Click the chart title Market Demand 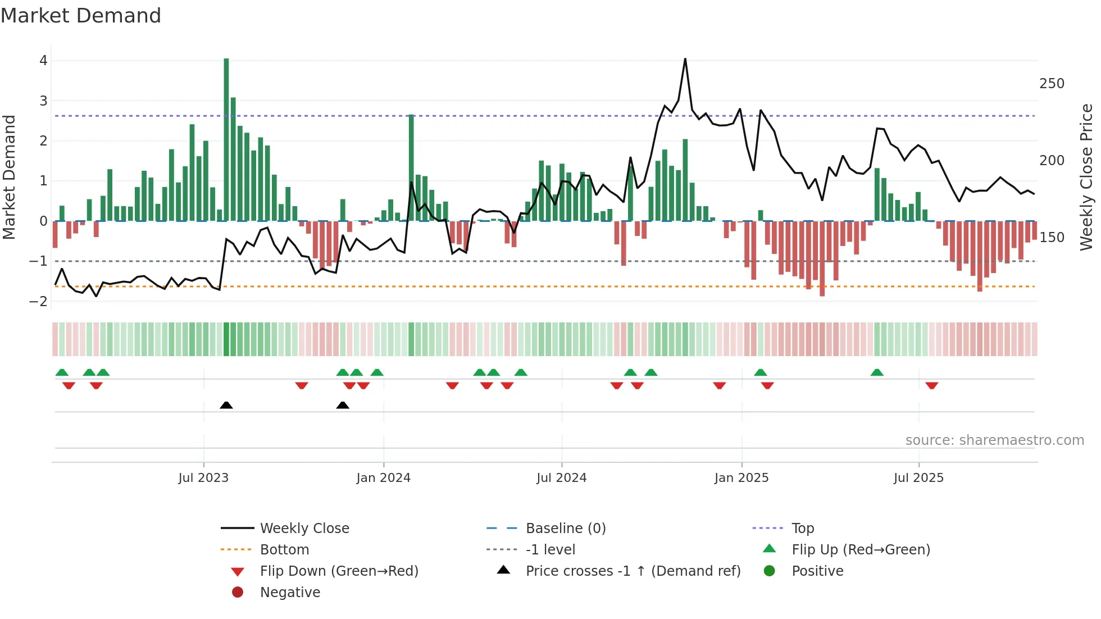pos(81,16)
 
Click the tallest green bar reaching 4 pos(226,140)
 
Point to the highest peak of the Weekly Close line pos(685,59)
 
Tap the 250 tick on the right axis pos(1052,84)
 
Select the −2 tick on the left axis pos(39,302)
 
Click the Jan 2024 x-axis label pos(383,478)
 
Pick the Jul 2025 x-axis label pos(918,478)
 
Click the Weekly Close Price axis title pos(1086,177)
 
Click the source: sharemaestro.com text pos(994,440)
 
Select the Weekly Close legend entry pos(304,529)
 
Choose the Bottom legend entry pos(284,550)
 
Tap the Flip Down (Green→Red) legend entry pos(339,571)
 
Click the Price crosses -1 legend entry pos(633,571)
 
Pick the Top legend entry pos(802,529)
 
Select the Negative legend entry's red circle pos(238,593)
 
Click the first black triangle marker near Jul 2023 pos(226,406)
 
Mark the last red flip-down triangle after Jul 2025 pos(932,385)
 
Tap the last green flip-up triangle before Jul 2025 pos(877,372)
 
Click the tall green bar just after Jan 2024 pos(411,169)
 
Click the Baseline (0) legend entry pos(565,529)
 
